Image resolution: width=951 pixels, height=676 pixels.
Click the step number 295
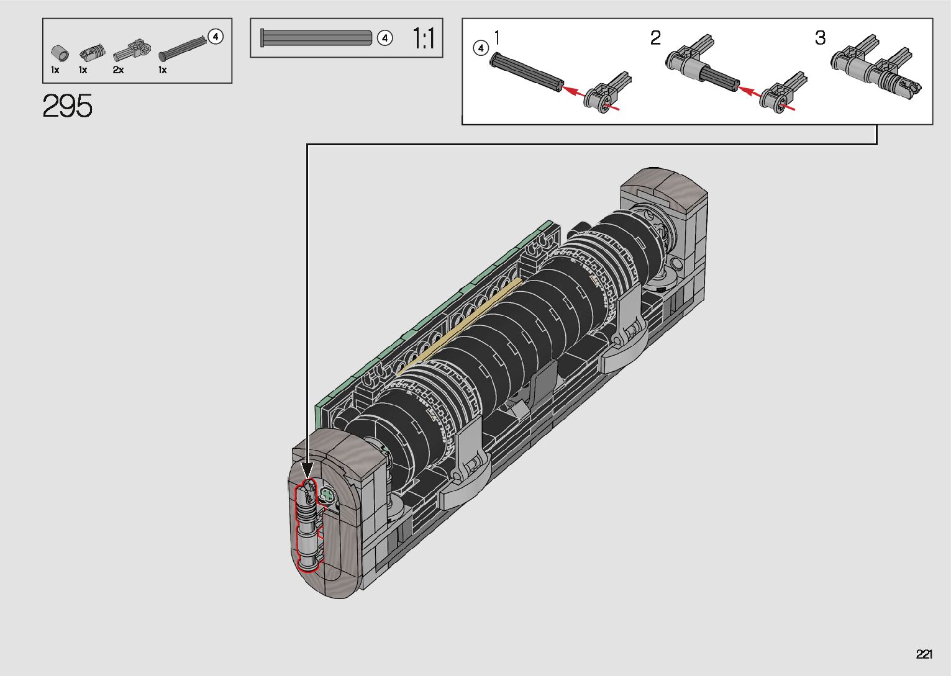[x=68, y=106]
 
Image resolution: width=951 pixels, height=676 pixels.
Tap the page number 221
[x=924, y=654]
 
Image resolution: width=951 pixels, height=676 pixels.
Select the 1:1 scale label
[x=424, y=38]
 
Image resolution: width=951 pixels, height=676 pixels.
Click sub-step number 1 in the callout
[x=497, y=38]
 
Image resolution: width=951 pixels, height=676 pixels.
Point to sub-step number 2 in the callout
[x=655, y=38]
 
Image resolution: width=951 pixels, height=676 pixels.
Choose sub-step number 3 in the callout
[x=820, y=38]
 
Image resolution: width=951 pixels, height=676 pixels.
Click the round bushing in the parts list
[x=60, y=53]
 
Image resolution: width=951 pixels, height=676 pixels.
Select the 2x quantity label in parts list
[x=118, y=70]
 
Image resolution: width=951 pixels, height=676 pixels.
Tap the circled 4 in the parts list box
[x=216, y=37]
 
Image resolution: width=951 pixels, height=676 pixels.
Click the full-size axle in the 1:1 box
[x=316, y=38]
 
